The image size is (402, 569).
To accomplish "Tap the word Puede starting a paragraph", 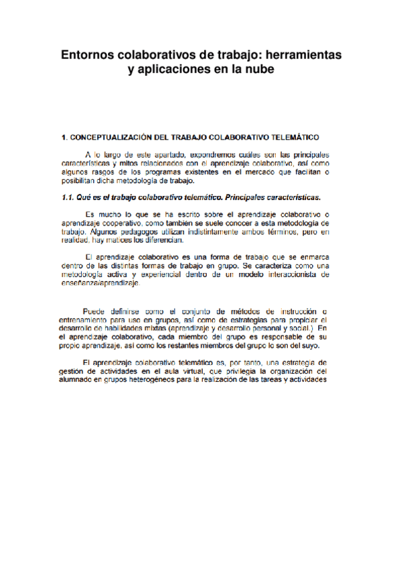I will click(95, 311).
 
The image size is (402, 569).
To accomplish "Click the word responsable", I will click(277, 337).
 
